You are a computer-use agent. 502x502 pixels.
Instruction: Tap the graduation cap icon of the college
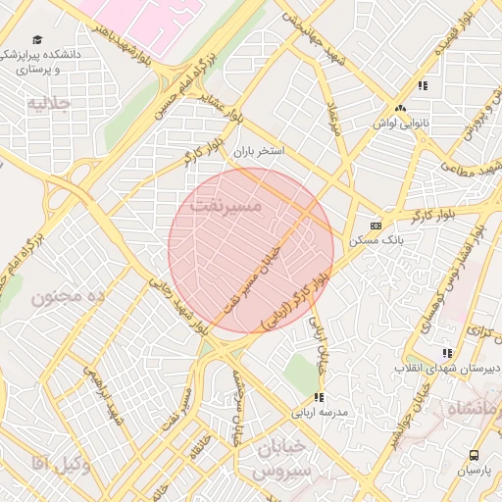(x=37, y=40)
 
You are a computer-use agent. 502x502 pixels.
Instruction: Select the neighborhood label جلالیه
(x=50, y=102)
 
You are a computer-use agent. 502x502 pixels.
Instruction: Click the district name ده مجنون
(x=67, y=296)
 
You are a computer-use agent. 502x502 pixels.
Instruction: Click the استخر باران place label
(x=258, y=154)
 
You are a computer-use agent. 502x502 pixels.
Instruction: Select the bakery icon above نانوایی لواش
(x=399, y=109)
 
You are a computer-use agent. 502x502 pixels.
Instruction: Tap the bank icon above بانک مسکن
(x=375, y=224)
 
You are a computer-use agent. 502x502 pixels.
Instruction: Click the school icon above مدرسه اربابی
(x=319, y=397)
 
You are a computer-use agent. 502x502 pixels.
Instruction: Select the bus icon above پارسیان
(x=475, y=455)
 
